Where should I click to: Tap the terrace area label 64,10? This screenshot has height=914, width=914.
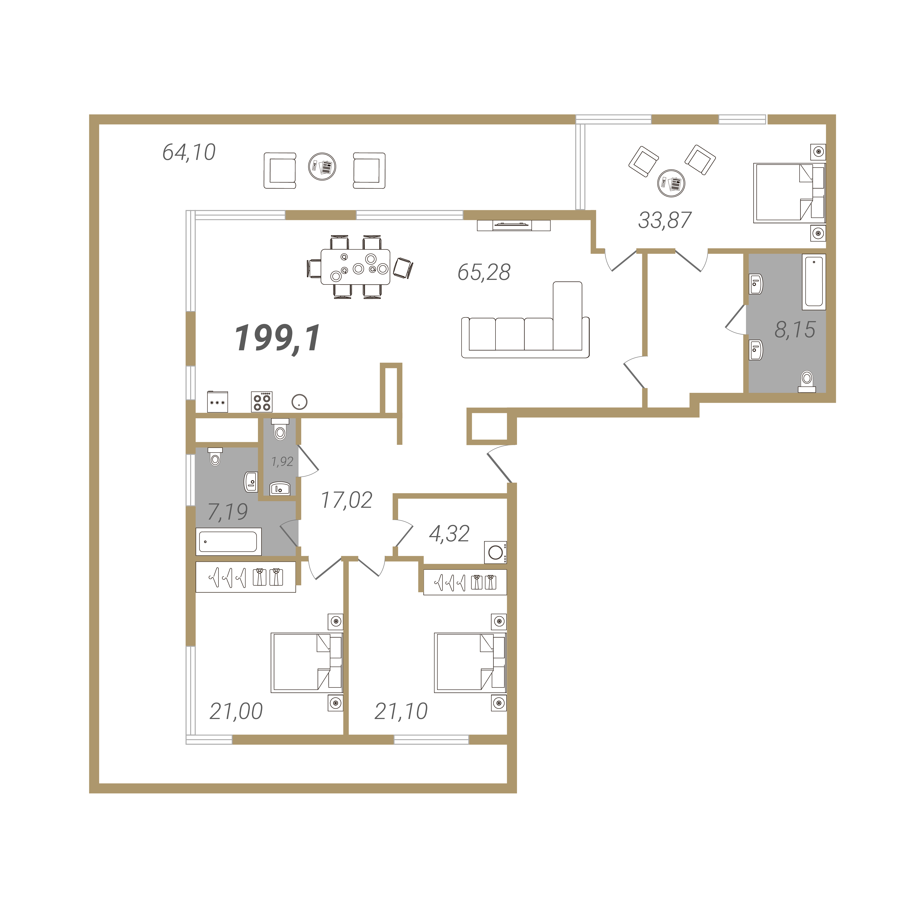(x=189, y=152)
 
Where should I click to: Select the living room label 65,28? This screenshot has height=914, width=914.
(x=484, y=272)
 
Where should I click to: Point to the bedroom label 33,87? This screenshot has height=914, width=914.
(x=665, y=220)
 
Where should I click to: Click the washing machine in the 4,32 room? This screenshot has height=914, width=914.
(x=495, y=552)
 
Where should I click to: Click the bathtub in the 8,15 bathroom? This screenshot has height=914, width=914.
(x=814, y=282)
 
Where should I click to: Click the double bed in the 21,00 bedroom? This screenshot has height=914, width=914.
(x=307, y=662)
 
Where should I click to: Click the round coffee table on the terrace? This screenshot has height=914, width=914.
(x=322, y=166)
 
